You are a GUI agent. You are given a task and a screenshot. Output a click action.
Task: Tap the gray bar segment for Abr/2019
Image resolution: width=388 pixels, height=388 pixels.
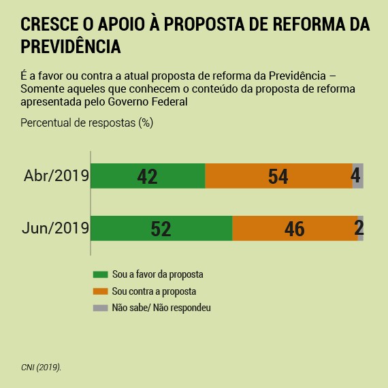[x=357, y=176]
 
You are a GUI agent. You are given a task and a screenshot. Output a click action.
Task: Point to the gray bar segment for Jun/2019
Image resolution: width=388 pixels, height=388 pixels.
[x=361, y=228]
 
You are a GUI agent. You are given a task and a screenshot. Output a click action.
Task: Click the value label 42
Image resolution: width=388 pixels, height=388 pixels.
[x=147, y=177]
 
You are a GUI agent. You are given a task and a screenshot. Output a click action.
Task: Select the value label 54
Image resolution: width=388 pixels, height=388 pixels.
[x=278, y=177]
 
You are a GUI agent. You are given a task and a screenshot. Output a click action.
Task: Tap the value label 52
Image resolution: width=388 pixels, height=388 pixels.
[x=161, y=229]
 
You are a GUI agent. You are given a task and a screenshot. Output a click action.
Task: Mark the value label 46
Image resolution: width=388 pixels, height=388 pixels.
[x=294, y=229]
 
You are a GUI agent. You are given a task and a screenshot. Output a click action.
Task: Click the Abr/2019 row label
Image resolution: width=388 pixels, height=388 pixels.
[x=56, y=176]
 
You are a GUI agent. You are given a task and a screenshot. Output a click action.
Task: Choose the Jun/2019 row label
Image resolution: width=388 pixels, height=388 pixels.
[x=56, y=228]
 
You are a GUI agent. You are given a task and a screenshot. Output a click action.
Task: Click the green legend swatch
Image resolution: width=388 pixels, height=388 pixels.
[x=100, y=275]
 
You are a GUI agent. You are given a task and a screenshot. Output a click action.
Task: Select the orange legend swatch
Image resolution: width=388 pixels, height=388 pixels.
[x=100, y=291]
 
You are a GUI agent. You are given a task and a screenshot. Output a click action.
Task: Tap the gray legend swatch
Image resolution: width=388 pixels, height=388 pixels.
[x=100, y=308]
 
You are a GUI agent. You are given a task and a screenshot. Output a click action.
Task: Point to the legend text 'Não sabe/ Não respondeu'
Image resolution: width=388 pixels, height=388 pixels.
[x=161, y=308]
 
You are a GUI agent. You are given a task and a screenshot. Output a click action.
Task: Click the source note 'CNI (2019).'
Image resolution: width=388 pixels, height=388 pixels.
[x=41, y=367]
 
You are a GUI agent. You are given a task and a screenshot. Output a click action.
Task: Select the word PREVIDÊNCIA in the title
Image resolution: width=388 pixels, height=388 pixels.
[x=71, y=48]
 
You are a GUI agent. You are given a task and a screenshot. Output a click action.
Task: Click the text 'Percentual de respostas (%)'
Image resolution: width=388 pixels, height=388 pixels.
[x=87, y=123]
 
